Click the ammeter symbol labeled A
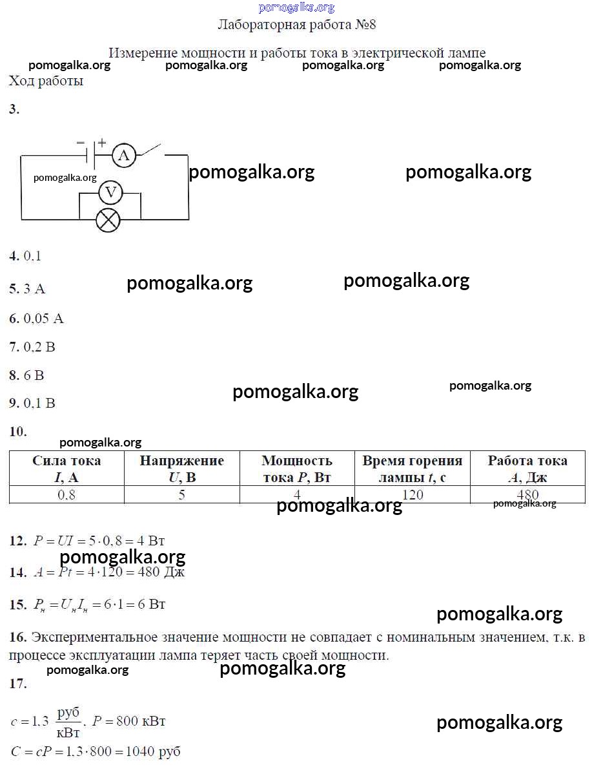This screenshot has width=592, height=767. pyautogui.click(x=124, y=154)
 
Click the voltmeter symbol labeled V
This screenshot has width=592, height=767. pyautogui.click(x=110, y=192)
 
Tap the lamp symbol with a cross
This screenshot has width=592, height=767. pyautogui.click(x=108, y=220)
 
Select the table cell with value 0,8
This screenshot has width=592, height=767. pyautogui.click(x=66, y=495)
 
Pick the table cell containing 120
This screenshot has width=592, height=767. pyautogui.click(x=412, y=495)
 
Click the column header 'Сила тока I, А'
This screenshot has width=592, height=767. pyautogui.click(x=66, y=468)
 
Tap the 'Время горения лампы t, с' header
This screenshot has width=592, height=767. pyautogui.click(x=412, y=468)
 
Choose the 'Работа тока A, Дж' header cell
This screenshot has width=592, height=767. pyautogui.click(x=527, y=468)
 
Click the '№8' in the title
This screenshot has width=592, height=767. pyautogui.click(x=365, y=25)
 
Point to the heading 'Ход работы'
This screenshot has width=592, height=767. pyautogui.click(x=46, y=81)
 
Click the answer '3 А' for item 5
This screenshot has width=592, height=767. pyautogui.click(x=35, y=289)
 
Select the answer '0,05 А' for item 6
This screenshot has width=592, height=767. pyautogui.click(x=44, y=319)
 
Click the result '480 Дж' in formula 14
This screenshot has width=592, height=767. pyautogui.click(x=164, y=573)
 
